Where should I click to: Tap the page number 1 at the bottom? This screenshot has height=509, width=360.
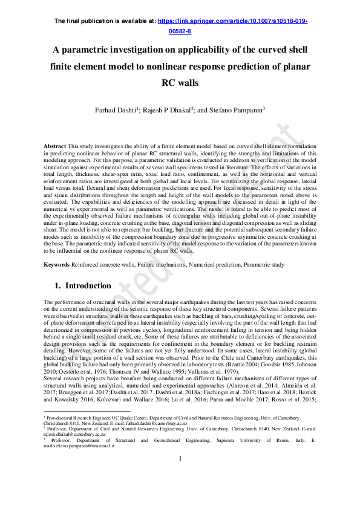(x=180, y=476)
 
